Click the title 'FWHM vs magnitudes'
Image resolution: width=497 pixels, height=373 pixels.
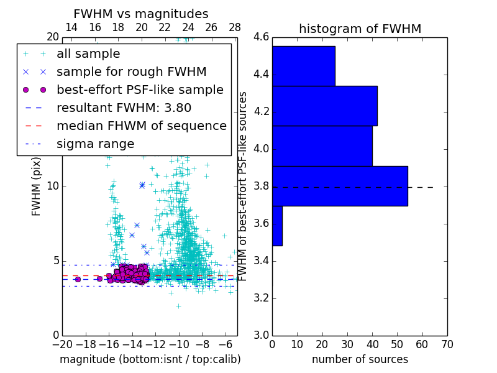click(141, 14)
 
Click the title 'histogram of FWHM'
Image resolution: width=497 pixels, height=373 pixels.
click(360, 29)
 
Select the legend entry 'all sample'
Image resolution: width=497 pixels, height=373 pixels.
click(88, 54)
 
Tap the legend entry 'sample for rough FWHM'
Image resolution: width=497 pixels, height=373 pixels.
click(131, 71)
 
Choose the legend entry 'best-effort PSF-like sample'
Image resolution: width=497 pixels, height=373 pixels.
click(140, 90)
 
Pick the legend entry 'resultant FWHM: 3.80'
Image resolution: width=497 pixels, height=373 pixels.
click(124, 108)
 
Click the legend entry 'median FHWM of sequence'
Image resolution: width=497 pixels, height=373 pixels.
click(141, 126)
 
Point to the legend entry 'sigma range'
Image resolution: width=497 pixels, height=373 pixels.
click(95, 144)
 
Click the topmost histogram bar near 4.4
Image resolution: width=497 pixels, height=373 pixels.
click(303, 66)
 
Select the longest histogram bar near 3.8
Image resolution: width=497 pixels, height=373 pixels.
click(340, 186)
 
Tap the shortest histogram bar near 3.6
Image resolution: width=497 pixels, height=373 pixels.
click(277, 226)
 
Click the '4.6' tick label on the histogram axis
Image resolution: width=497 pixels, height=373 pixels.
click(261, 37)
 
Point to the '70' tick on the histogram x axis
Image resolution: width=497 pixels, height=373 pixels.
click(447, 344)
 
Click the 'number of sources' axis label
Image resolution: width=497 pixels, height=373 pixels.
click(360, 359)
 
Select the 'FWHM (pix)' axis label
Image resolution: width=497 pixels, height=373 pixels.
click(37, 186)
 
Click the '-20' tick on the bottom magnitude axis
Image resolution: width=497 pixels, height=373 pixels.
click(62, 344)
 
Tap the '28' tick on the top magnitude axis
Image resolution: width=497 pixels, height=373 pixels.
click(235, 27)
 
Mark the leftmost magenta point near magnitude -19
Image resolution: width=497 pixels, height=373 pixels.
click(78, 279)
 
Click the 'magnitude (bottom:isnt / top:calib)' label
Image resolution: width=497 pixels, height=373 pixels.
click(150, 359)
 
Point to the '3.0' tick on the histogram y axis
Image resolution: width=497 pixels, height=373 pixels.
click(261, 335)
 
